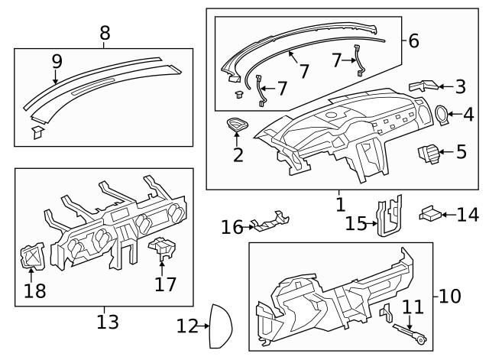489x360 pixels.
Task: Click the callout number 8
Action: [x=105, y=32]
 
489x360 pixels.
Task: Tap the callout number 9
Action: [x=56, y=60]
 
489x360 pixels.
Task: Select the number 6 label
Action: [x=413, y=41]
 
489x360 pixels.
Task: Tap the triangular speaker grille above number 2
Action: [x=238, y=125]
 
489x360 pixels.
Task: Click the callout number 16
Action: [x=232, y=227]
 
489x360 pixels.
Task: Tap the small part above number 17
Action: [x=161, y=249]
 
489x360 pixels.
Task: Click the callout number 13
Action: [x=108, y=321]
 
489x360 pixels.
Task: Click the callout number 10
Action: [x=451, y=295]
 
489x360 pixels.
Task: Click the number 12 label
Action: [x=187, y=326]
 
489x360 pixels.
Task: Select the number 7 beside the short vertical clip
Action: [x=336, y=59]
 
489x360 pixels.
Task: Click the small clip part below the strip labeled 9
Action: [x=37, y=133]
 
